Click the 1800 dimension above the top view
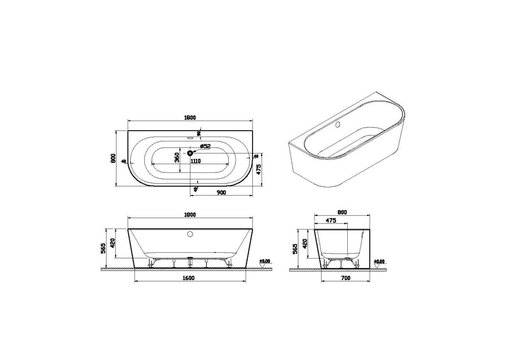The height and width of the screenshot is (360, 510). point(190,118)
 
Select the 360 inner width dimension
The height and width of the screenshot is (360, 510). point(177,158)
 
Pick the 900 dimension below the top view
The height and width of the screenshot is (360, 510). point(221,193)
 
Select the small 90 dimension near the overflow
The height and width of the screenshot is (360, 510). point(198,134)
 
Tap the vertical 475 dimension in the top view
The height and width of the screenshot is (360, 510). point(258,170)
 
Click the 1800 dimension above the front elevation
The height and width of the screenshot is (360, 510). point(190,214)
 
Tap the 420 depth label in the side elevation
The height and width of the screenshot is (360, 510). point(304,243)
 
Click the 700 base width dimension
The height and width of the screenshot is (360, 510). point(346,278)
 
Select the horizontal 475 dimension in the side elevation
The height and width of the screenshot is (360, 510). point(331,220)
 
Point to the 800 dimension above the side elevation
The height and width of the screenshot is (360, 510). point(343,212)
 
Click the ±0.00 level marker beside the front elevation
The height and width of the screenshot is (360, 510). point(266,261)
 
